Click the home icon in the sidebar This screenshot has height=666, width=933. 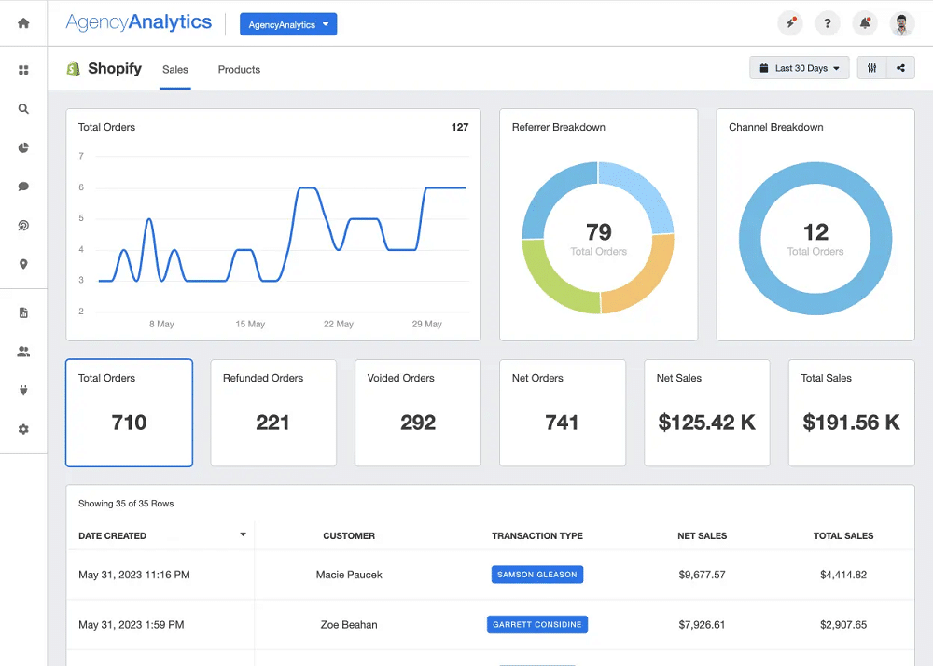tap(23, 23)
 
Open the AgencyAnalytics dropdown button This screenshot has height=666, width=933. tap(287, 25)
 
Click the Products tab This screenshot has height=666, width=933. tap(239, 70)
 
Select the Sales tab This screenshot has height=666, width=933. tap(175, 70)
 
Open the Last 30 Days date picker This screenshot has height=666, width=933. tap(800, 68)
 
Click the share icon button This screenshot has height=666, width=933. tap(900, 68)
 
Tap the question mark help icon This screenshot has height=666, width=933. tap(827, 24)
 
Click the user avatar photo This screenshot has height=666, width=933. tap(901, 24)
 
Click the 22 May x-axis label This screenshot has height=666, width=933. tap(338, 325)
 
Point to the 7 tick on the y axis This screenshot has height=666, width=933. tap(81, 157)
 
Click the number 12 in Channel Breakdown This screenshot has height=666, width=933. tap(815, 231)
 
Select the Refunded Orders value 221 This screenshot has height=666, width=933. tap(272, 423)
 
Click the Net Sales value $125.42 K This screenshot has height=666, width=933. tap(706, 423)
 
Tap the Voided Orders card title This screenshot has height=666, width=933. tap(401, 378)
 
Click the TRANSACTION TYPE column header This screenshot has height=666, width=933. tap(537, 536)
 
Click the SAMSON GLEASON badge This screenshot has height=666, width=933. tap(537, 575)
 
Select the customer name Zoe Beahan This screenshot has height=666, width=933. tap(349, 625)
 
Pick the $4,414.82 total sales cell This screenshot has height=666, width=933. tap(842, 575)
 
